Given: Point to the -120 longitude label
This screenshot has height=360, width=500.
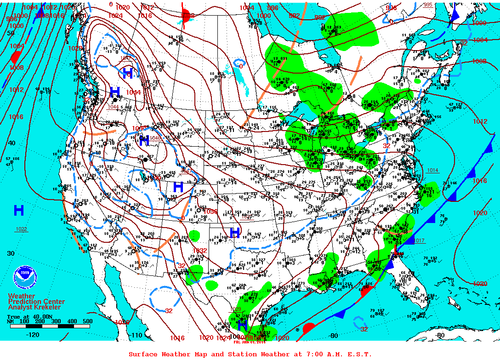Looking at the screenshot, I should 33,335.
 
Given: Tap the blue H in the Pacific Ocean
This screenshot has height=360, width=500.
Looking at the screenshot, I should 19,211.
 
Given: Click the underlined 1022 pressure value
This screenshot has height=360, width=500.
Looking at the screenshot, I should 21,229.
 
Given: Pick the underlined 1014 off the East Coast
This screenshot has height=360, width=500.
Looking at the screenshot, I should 432,170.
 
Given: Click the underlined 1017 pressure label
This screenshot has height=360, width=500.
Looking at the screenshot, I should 419,240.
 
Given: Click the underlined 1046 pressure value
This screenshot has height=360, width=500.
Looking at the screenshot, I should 155,137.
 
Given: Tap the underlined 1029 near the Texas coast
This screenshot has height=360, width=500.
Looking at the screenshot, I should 235,309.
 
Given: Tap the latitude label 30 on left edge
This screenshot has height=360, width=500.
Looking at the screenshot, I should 11,253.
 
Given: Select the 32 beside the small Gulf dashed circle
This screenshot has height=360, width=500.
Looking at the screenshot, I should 364,329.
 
